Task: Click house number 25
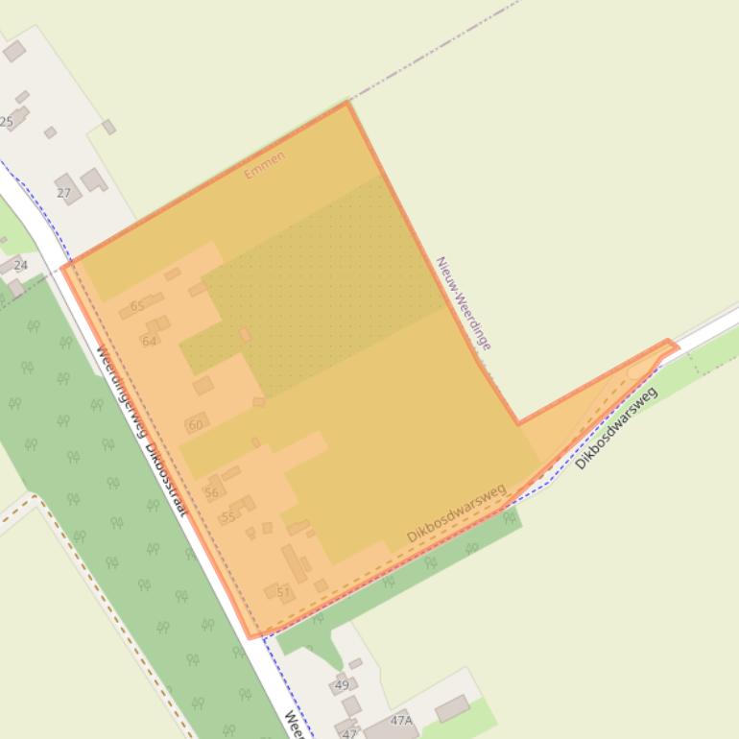point(7,122)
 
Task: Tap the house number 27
point(63,193)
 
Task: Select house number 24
point(20,265)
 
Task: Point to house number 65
point(137,306)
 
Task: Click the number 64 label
point(149,341)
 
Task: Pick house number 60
point(196,425)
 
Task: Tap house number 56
point(211,493)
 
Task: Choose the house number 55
point(227,517)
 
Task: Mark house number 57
point(283,593)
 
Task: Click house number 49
point(341,686)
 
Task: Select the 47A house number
point(401,720)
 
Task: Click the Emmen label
point(264,165)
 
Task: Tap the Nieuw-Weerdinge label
point(464,303)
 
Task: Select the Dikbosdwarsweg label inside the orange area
point(456,513)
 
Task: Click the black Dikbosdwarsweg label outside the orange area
point(616,428)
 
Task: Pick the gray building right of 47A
point(451,708)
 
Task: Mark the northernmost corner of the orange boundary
point(347,103)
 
